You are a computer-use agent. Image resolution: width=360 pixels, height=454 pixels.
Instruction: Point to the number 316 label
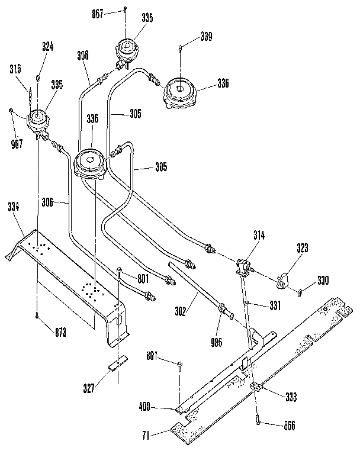[15, 70]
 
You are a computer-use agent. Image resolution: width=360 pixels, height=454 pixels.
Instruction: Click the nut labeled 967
[12, 111]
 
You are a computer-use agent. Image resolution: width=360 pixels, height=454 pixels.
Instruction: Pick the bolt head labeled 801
[120, 271]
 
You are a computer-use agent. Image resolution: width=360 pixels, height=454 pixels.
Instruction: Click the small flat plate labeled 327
[117, 363]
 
